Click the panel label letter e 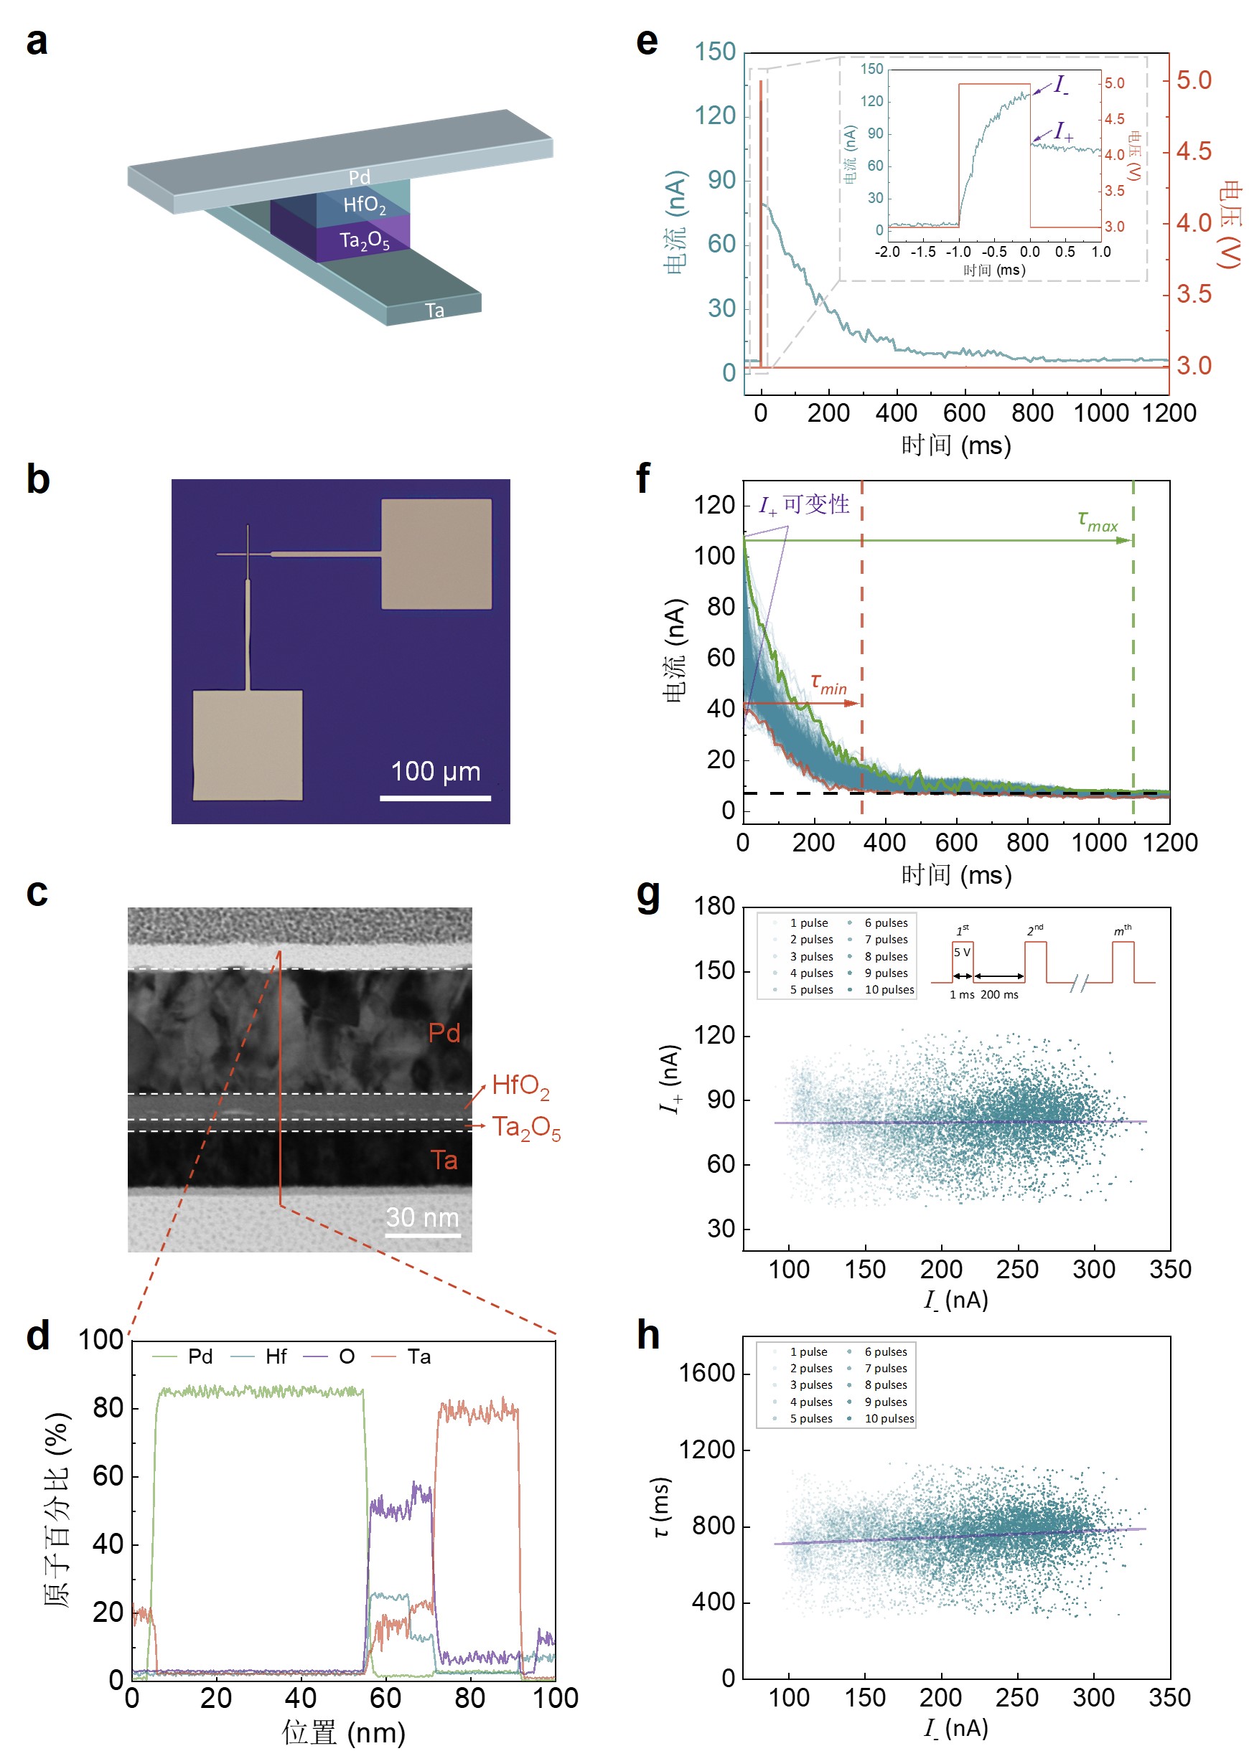tap(647, 42)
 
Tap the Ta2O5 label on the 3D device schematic tap(365, 240)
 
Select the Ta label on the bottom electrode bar tap(434, 311)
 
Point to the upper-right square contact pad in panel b tap(436, 554)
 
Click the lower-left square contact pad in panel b tap(247, 745)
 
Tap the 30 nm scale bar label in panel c tap(422, 1217)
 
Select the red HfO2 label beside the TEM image tap(520, 1085)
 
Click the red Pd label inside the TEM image tap(444, 1032)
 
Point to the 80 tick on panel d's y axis tap(108, 1408)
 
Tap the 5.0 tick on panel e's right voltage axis tap(1194, 80)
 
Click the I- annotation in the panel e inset tap(1061, 84)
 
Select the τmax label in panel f tap(1098, 522)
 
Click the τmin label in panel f tap(828, 683)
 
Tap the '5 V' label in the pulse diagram tap(961, 953)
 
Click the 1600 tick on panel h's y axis tap(706, 1373)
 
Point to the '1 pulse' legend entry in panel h tap(808, 1352)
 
